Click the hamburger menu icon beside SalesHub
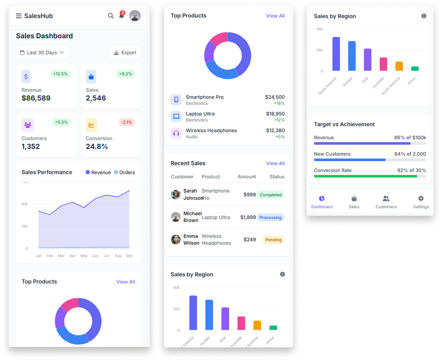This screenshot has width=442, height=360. tap(19, 16)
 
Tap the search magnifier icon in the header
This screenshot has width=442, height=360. tap(111, 16)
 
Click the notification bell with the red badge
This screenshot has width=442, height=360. tap(122, 16)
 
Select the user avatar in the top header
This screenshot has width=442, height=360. tap(135, 16)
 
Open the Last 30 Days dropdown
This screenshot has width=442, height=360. tap(42, 53)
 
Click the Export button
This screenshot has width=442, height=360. tap(125, 53)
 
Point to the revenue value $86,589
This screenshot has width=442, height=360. tap(36, 98)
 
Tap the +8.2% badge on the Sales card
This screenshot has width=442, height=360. tap(125, 74)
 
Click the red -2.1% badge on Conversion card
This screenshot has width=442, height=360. tap(127, 122)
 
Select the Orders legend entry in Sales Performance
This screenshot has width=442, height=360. tap(124, 172)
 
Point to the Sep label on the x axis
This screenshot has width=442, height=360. tap(129, 256)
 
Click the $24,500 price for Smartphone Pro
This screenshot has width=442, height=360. tap(275, 97)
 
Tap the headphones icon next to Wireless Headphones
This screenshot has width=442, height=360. tap(176, 133)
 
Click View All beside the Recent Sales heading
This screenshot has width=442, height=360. tap(275, 163)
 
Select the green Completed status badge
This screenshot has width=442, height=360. tap(270, 195)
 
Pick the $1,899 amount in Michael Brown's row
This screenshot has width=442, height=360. tap(248, 217)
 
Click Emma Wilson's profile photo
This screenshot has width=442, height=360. tap(176, 240)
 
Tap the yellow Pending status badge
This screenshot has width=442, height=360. tap(273, 240)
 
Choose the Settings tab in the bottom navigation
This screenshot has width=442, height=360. tap(421, 202)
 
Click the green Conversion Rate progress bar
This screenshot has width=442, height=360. tap(365, 176)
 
